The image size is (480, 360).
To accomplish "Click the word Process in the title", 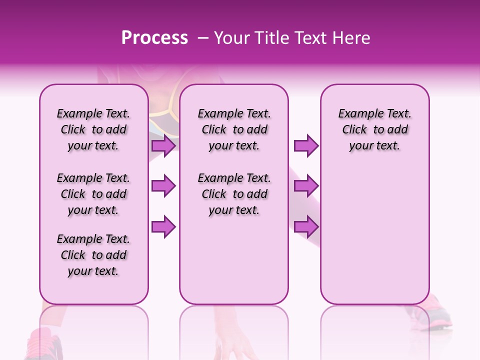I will click(154, 38).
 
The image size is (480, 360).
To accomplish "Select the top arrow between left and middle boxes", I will click(163, 146).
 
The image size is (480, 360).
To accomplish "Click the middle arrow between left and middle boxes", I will click(163, 186).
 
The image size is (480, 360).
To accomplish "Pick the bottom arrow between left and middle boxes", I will click(163, 226).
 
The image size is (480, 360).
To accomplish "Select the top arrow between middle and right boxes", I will click(306, 146).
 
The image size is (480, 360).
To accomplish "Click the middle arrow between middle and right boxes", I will click(306, 186).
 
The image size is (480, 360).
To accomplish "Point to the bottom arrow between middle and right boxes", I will click(306, 226).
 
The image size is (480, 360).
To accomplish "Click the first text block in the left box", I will click(93, 129).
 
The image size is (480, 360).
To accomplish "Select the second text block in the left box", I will click(93, 194).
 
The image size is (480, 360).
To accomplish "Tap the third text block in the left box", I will click(93, 255).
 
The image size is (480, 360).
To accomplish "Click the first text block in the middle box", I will click(234, 129).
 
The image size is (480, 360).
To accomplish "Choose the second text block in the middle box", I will click(234, 194).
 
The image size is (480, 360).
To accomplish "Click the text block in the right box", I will click(374, 129).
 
